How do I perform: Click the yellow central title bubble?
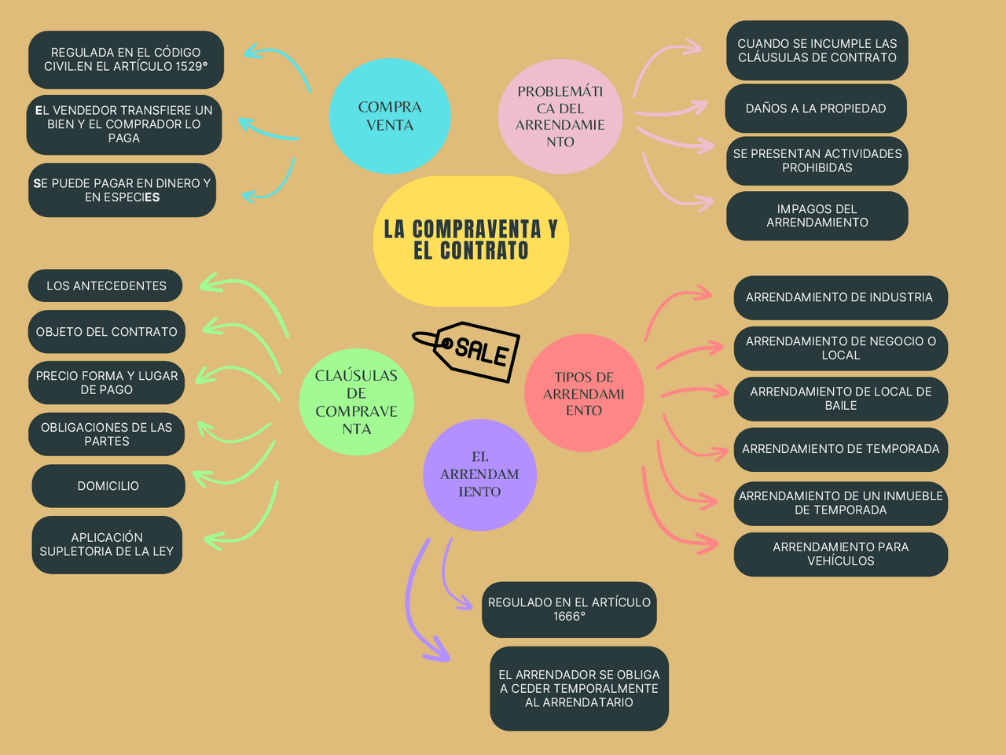[x=471, y=241]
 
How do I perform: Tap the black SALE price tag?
[x=468, y=352]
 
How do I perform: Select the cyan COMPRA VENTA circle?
[x=390, y=116]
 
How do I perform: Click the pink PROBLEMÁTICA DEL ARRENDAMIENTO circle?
[x=560, y=116]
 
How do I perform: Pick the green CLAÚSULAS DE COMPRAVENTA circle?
[x=356, y=402]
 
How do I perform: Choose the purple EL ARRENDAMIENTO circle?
[x=479, y=474]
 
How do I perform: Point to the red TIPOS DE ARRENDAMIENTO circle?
[x=584, y=393]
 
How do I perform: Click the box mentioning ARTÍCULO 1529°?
[x=126, y=60]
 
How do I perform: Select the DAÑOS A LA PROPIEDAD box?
[x=815, y=109]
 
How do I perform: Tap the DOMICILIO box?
[x=108, y=485]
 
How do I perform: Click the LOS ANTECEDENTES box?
[x=105, y=285]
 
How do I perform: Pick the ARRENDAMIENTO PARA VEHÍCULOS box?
[x=840, y=554]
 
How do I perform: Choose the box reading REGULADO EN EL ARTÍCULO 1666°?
[x=569, y=610]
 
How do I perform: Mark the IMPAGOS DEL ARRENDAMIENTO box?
[x=817, y=215]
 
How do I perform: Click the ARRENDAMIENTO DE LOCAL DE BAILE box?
[x=840, y=399]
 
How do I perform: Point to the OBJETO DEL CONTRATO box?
[x=107, y=331]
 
